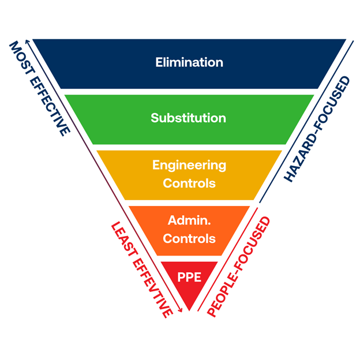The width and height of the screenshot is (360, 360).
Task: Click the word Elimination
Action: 189,62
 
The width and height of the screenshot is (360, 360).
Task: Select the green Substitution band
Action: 115,118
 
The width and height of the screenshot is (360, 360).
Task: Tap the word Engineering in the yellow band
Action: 189,165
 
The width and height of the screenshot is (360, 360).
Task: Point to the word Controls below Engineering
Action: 189,183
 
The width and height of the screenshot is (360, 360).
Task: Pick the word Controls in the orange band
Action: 189,238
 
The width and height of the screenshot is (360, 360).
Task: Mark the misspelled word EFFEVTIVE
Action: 151,287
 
